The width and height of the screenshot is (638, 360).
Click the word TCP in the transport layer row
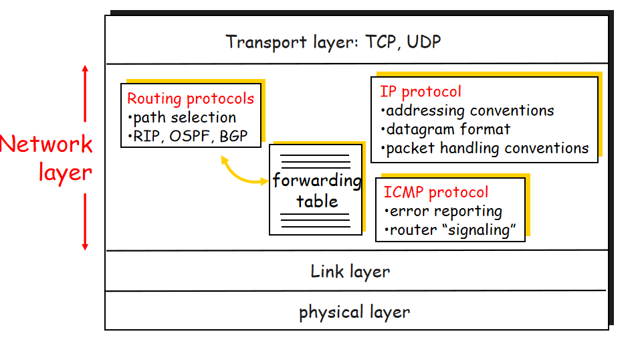(x=382, y=42)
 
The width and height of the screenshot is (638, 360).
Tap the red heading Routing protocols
(x=191, y=99)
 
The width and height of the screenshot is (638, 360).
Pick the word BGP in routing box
(x=233, y=137)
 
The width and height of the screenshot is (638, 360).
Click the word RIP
(x=146, y=137)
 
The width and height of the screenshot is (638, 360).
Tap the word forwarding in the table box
(x=317, y=181)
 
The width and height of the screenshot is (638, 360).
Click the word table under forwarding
(x=317, y=201)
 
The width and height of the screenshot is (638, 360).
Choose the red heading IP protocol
(x=421, y=92)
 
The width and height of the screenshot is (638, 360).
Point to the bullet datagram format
(x=448, y=129)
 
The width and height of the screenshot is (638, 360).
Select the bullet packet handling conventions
(x=487, y=148)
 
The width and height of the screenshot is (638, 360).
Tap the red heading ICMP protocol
(x=436, y=193)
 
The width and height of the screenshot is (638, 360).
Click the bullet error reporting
(x=445, y=211)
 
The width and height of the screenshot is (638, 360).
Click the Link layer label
(x=350, y=271)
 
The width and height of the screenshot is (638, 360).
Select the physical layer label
(x=354, y=312)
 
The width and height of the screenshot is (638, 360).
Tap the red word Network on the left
(x=46, y=145)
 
